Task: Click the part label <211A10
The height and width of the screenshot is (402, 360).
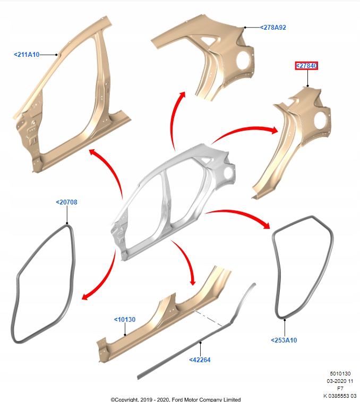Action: pos(27,54)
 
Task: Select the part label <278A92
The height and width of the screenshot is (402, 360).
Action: pos(274,27)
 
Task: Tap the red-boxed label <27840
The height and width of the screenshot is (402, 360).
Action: pos(306,66)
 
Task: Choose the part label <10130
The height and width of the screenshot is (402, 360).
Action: pos(124,320)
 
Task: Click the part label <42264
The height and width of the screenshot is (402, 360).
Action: pos(200,360)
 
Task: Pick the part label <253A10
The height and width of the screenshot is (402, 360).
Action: pos(284,340)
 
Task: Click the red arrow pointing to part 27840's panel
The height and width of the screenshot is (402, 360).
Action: pos(244,133)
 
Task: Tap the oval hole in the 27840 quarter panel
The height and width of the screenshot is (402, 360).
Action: pos(321,121)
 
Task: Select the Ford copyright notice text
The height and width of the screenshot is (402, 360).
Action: pos(175,399)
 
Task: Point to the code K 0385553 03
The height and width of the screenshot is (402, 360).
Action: pos(339,396)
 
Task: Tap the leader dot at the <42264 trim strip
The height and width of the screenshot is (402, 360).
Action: pos(200,343)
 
